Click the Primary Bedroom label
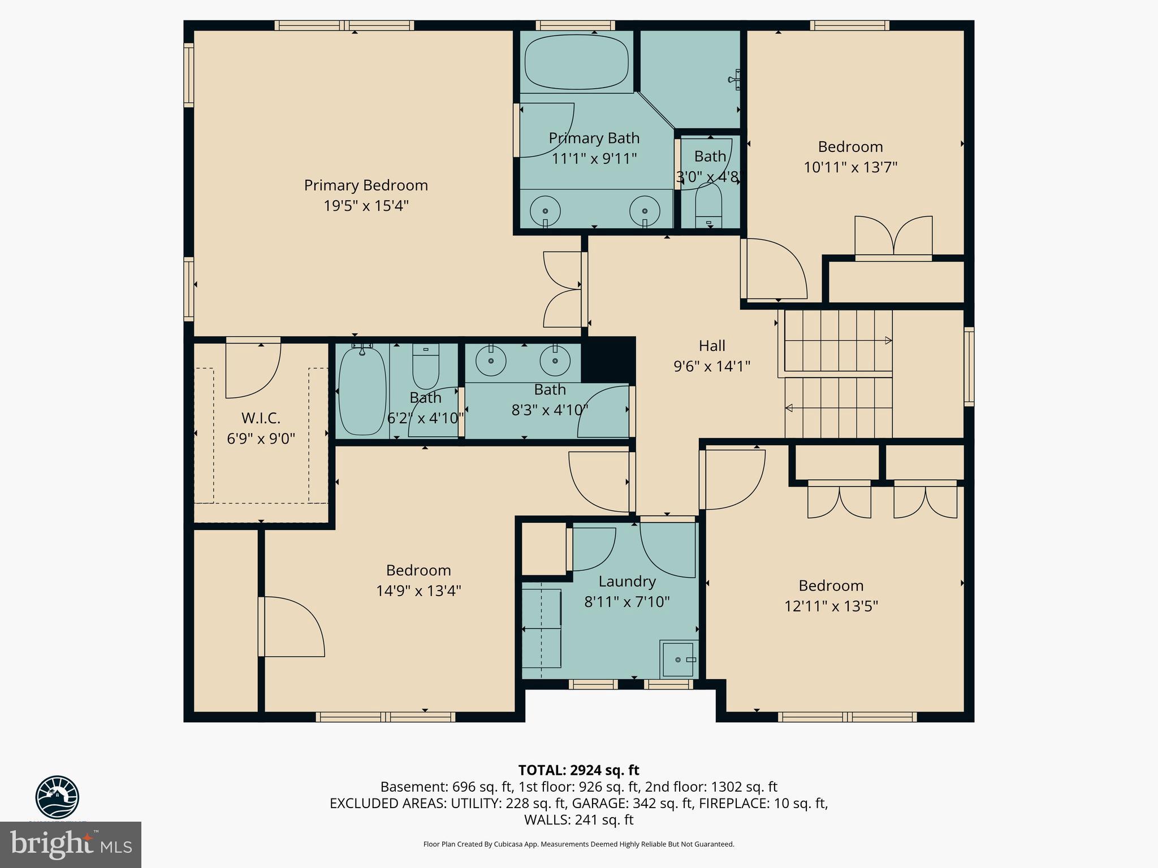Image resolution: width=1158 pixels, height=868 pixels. pos(366,185)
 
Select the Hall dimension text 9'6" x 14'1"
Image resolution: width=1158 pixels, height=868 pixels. pos(711,367)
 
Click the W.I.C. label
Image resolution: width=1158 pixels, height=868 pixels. pos(261,418)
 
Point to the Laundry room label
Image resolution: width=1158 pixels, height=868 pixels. pos(627,581)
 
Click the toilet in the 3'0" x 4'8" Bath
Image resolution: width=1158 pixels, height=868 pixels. pos(708,206)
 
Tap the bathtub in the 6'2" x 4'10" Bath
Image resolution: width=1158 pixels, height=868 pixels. pos(362,391)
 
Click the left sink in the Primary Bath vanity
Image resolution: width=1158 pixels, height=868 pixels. pos(545,211)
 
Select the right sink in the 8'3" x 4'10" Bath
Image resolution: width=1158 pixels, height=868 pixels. pos(555,361)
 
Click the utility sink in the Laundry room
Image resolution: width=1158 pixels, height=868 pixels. pos(678,659)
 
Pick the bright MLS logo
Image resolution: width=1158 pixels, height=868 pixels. pos(71,844)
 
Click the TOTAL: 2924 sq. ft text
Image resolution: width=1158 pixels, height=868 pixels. pos(578,770)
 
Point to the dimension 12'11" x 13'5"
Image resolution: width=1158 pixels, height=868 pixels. pos(831,606)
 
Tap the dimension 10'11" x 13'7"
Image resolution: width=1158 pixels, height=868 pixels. pos(850,168)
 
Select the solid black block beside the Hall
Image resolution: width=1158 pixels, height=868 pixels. pos(608,360)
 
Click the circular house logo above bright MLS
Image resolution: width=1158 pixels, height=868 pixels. pos(57,797)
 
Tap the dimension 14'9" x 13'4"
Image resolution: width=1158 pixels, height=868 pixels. pos(418,591)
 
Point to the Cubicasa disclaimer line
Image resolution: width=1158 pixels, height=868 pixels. pos(578,844)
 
